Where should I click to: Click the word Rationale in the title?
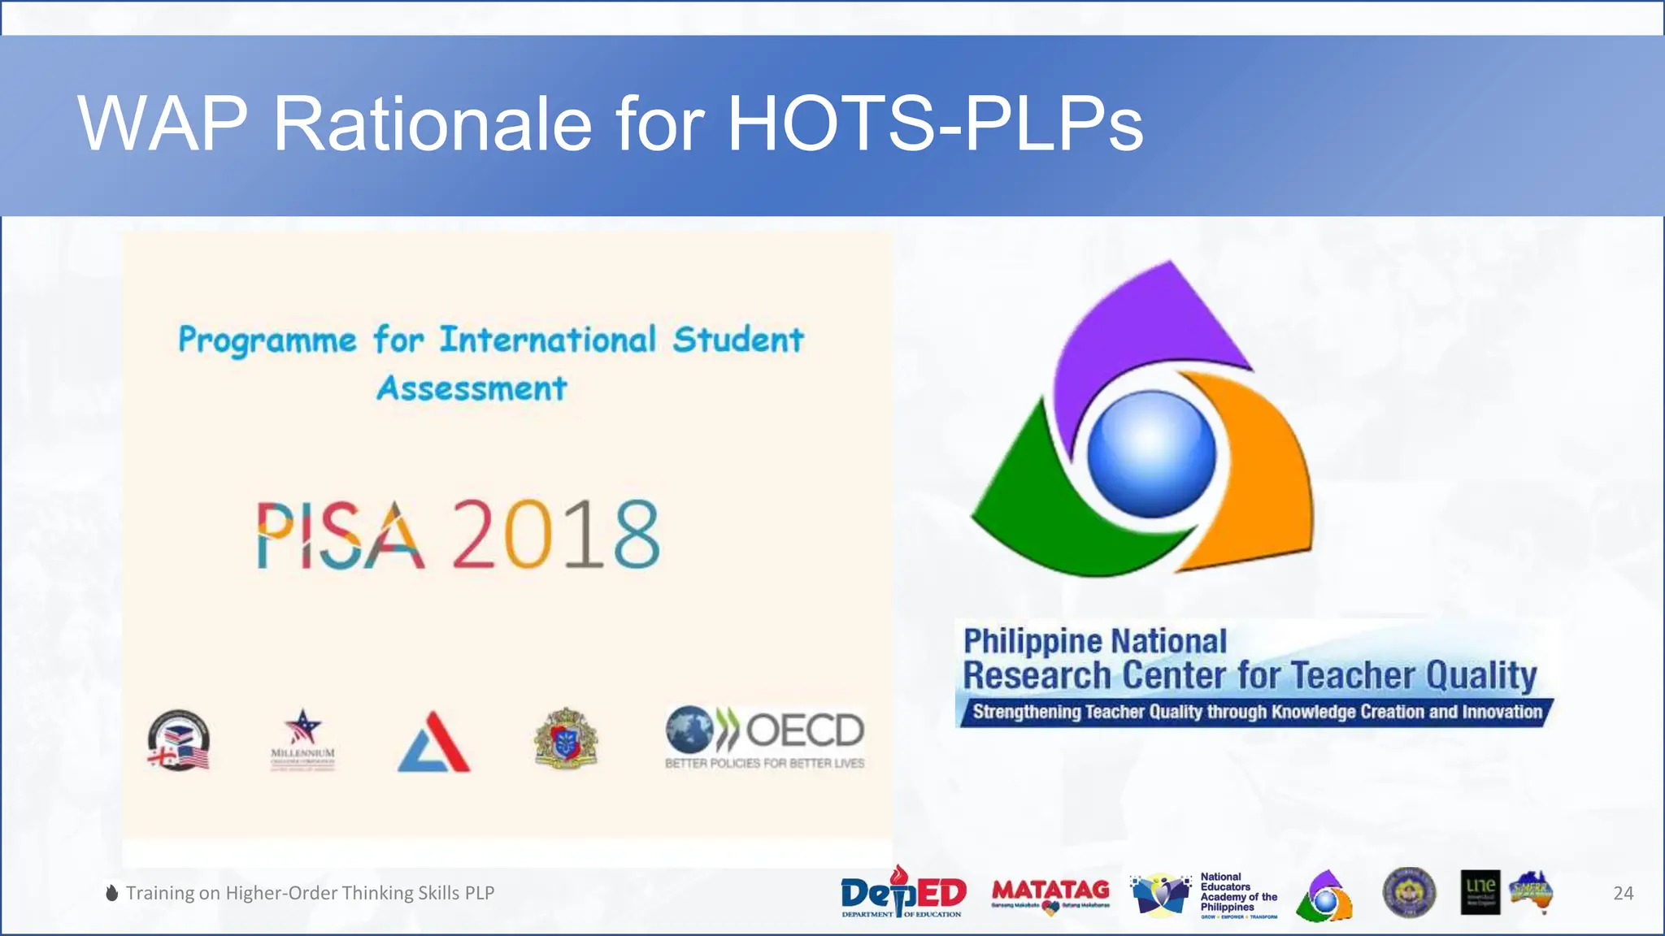point(432,124)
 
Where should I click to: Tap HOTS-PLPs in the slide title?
point(935,124)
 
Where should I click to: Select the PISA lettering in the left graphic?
point(341,535)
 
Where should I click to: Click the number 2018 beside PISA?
point(555,535)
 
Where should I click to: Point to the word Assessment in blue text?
point(472,388)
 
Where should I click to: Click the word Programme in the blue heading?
point(267,340)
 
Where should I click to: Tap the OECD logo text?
point(804,730)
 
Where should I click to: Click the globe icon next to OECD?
point(689,729)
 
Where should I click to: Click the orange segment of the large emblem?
point(1260,471)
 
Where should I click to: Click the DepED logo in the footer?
point(903,893)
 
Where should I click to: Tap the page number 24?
point(1623,893)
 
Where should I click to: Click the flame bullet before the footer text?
point(112,893)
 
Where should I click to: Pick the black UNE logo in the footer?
point(1480,892)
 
